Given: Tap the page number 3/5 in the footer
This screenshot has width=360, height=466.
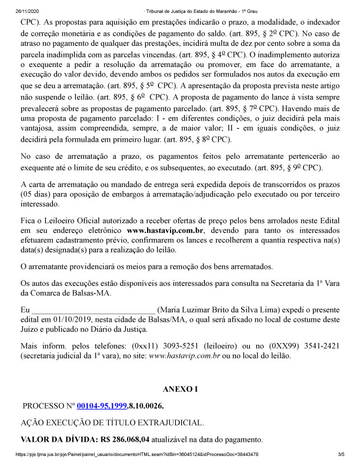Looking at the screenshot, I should coord(341,455).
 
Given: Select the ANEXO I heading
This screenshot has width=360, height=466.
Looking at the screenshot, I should coord(179,389).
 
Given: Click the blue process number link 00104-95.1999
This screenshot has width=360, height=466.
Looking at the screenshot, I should coord(102,407).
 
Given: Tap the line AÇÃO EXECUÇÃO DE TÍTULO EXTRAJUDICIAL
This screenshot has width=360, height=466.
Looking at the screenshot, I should coord(112,423).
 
